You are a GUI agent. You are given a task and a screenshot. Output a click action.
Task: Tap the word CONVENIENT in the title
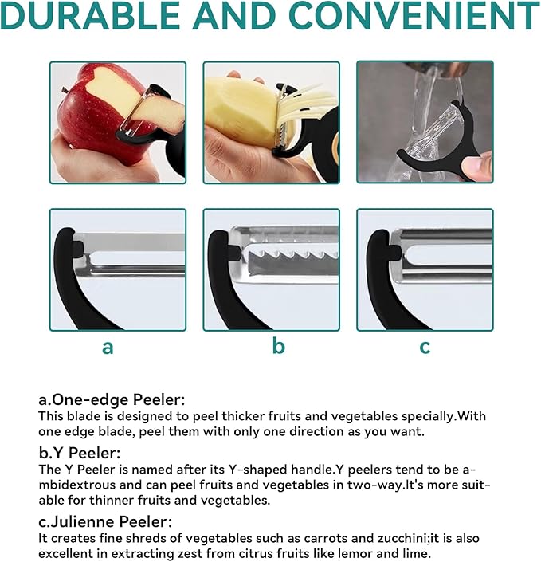click(414, 15)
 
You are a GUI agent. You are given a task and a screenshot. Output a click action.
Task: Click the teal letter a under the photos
click(108, 348)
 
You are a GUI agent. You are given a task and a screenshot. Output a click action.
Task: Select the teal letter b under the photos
click(279, 345)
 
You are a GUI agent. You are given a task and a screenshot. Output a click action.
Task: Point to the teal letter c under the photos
click(425, 348)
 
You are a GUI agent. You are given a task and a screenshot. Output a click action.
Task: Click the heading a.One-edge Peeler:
click(112, 399)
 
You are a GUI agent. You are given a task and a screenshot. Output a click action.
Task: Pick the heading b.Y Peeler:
click(80, 453)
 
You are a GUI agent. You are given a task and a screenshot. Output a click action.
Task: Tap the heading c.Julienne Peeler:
click(105, 521)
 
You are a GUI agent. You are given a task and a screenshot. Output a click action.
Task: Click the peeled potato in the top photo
click(240, 111)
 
